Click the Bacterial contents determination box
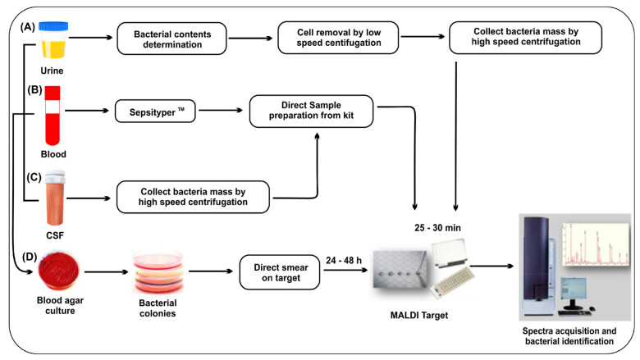tap(171, 39)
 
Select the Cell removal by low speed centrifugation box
tap(338, 38)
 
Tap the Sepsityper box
tap(155, 112)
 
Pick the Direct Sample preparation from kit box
tap(311, 111)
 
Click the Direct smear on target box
tap(280, 272)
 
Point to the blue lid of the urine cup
tap(53, 26)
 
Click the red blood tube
tap(53, 116)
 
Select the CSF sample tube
tap(55, 198)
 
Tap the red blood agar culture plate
tap(59, 271)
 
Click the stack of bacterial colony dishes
tap(158, 272)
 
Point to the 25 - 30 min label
tap(437, 228)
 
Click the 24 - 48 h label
tap(344, 261)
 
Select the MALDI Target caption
tap(419, 315)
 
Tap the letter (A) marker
tap(28, 27)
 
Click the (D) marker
tap(30, 257)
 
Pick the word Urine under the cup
tap(52, 71)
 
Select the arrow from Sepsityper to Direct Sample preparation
tap(221, 110)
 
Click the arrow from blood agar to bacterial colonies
tap(106, 272)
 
